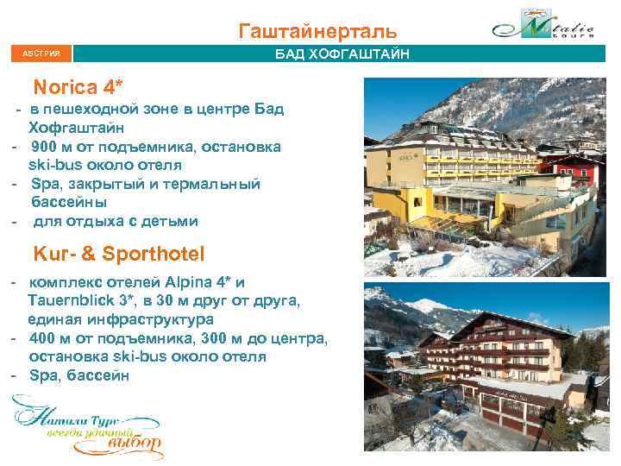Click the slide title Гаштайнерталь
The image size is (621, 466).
tap(318, 32)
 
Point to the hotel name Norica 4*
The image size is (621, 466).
tap(78, 87)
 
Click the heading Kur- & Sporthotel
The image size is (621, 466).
tap(118, 254)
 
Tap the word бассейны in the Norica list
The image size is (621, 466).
tap(69, 202)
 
